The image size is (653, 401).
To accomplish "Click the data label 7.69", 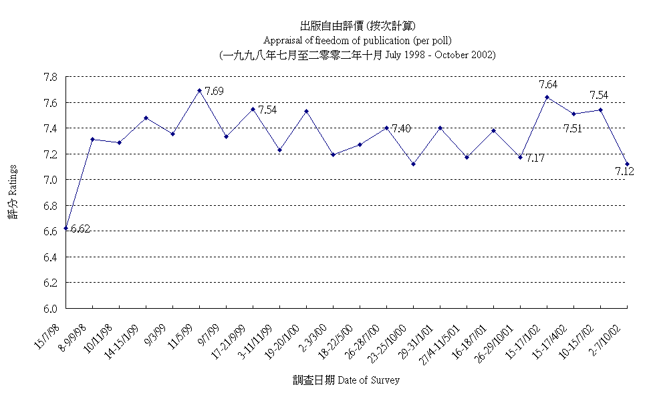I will coord(214,91).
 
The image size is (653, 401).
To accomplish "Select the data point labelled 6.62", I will coord(66,228).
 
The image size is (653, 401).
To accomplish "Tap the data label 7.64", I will coord(548,84).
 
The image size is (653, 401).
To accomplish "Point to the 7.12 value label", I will coord(624,172).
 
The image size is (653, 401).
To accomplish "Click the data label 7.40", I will coord(401,128).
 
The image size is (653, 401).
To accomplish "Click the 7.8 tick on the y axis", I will coord(49,77).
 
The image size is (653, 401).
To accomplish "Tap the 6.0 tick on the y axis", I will coord(49,309).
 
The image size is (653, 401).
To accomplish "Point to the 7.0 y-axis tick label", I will coord(49,180).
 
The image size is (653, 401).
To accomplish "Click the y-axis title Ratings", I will coord(13,190).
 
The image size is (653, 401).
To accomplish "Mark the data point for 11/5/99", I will coord(199,90).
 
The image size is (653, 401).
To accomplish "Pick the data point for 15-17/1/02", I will coord(547,97).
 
